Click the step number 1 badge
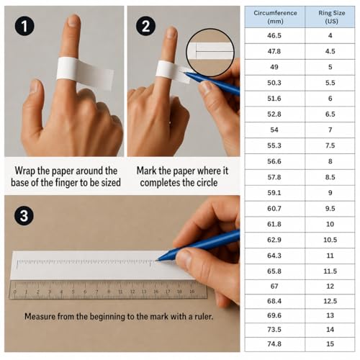[x=24, y=26]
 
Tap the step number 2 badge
[x=145, y=26]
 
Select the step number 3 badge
[x=24, y=215]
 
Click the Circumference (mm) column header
[x=275, y=17]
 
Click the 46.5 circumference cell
[x=274, y=35]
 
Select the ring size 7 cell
[x=330, y=130]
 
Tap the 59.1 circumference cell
[x=274, y=193]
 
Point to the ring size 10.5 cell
[x=330, y=240]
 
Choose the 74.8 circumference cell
[x=274, y=344]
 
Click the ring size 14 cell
[x=330, y=330]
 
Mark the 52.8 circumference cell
[x=274, y=114]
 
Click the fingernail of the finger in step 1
[x=73, y=21]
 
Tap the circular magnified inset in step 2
[x=210, y=53]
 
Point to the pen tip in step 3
[x=156, y=260]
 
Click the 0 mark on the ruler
[x=15, y=292]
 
